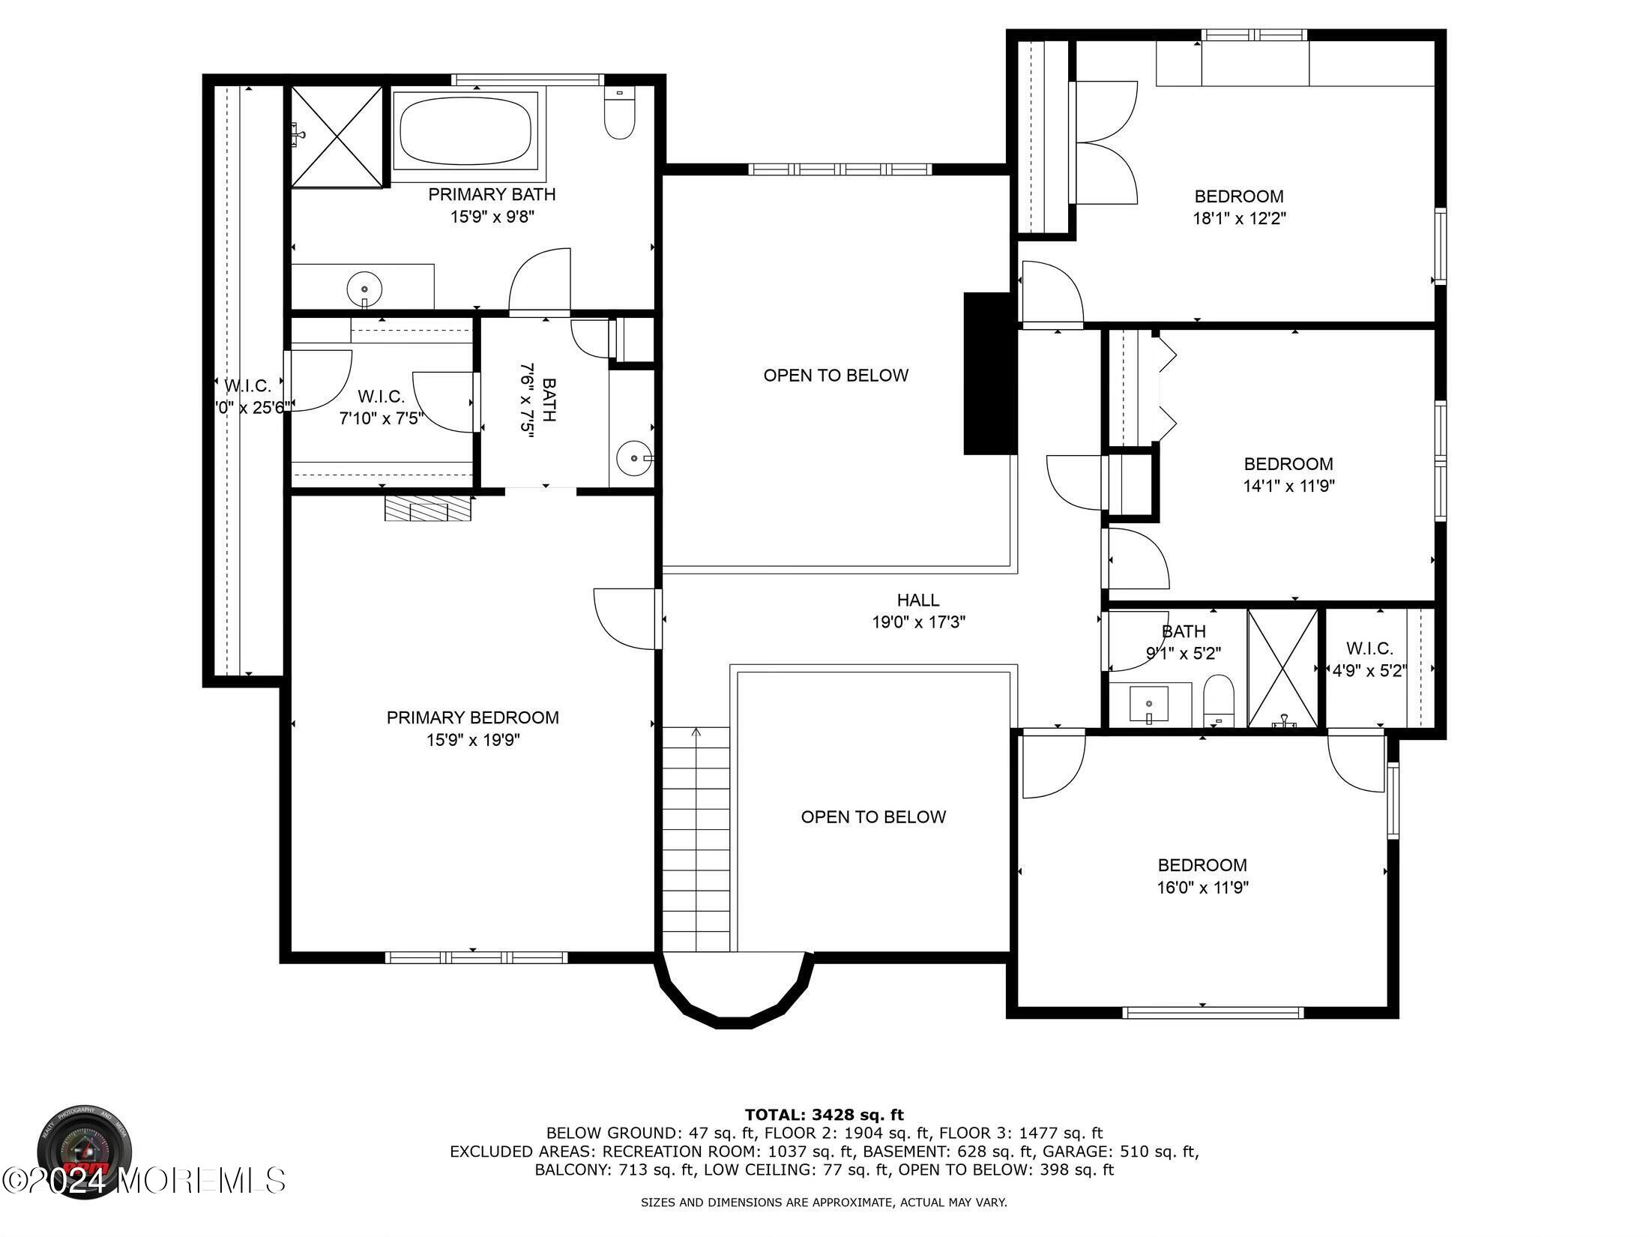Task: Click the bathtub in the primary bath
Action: (465, 133)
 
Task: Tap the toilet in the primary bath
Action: (619, 115)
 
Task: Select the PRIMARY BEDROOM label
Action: (472, 717)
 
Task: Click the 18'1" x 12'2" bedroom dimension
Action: (1239, 219)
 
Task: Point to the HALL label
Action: (917, 600)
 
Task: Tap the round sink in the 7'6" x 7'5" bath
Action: (634, 457)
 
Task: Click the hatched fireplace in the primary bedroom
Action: (428, 508)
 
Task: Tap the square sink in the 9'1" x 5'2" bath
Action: (1149, 703)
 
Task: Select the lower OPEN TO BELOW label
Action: (873, 817)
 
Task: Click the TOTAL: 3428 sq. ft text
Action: (824, 1115)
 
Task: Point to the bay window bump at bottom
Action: (734, 993)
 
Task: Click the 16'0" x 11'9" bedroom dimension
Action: (1202, 888)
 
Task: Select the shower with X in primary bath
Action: (337, 136)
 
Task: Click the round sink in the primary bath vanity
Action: (364, 288)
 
